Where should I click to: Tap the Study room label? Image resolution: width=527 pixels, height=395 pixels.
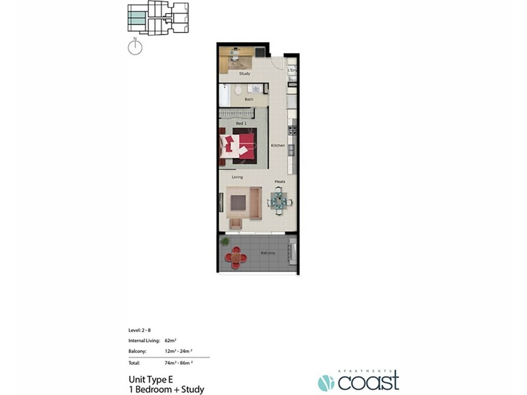click(244, 74)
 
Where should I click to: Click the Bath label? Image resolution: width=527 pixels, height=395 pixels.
click(248, 99)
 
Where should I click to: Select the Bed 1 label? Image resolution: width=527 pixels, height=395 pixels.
click(241, 123)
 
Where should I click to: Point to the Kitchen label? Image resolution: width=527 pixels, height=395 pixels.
click(277, 145)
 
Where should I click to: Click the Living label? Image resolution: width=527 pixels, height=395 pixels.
click(237, 177)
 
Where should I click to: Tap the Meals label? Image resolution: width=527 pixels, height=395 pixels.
click(279, 182)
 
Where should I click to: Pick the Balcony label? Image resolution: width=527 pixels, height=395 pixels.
click(267, 252)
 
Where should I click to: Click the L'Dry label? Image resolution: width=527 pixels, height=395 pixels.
click(292, 70)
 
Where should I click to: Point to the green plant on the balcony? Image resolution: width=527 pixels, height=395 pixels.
click(226, 242)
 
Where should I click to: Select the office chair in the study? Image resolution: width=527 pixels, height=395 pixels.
click(235, 57)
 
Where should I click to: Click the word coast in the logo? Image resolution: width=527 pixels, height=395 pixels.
click(369, 381)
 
